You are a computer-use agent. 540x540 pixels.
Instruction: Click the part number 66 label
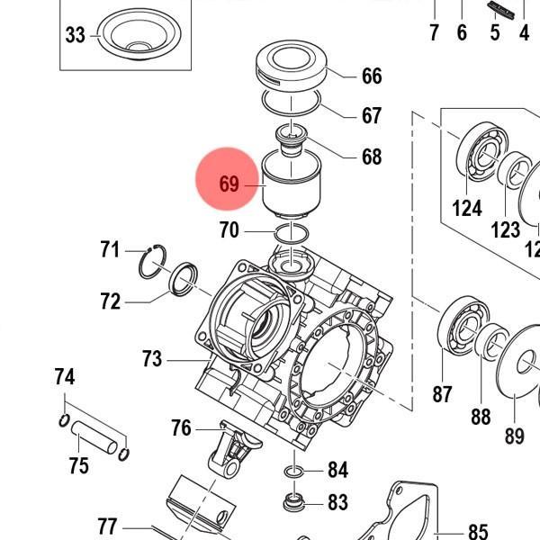click(x=372, y=76)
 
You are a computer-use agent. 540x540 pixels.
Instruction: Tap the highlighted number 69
click(x=229, y=184)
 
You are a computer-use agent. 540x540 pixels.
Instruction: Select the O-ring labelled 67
click(x=293, y=100)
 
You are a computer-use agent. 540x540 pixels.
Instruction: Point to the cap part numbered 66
click(x=290, y=65)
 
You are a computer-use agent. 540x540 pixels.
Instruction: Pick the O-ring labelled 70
click(x=290, y=233)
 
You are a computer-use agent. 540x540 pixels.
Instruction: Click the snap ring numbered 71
click(x=154, y=262)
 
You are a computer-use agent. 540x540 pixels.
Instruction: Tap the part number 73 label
click(x=152, y=360)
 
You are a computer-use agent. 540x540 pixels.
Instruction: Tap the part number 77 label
click(x=107, y=526)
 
